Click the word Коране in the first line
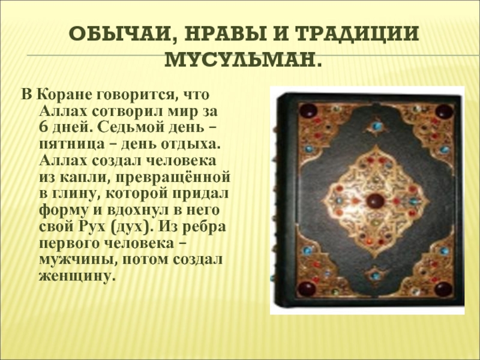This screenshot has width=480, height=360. coord(64,94)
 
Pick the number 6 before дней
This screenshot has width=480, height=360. coord(43,127)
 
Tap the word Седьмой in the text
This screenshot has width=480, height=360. coord(130,127)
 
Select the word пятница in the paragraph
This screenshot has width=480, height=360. coord(71,144)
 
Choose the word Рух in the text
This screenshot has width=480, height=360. coord(92,227)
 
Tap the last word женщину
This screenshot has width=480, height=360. coord(77,276)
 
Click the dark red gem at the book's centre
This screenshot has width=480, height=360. coord(376,201)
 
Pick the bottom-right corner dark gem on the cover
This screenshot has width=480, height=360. coord(443,289)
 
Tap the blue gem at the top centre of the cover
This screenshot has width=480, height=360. coord(376,126)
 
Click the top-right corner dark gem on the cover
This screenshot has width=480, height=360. coord(443,112)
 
